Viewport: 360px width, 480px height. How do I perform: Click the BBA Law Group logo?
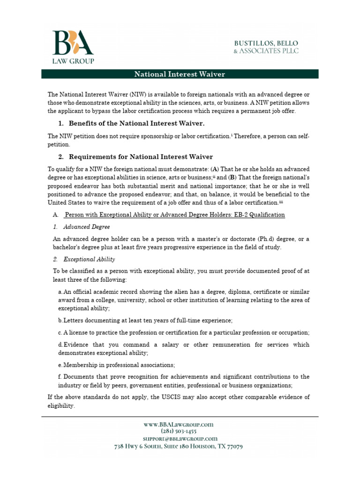73,47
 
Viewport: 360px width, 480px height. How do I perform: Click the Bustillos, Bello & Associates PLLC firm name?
266,47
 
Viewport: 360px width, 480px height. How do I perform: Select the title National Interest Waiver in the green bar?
180,74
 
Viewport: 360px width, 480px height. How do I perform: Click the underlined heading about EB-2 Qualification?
174,215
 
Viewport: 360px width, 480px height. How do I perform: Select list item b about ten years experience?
145,320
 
